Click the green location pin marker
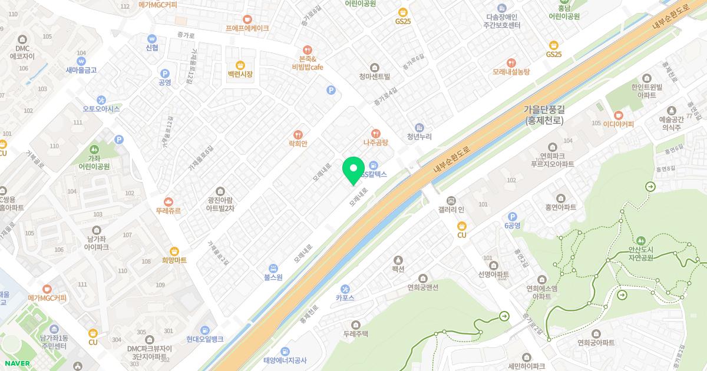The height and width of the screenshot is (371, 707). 353,169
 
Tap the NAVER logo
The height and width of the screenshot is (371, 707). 16,363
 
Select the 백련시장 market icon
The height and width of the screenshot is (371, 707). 240,65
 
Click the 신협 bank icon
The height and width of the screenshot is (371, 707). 152,38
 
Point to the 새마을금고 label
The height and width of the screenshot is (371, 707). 81,70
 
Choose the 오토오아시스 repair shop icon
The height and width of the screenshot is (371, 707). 101,100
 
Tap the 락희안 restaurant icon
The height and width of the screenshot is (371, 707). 299,134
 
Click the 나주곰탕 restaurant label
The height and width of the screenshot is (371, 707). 375,143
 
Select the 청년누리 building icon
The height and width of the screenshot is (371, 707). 419,127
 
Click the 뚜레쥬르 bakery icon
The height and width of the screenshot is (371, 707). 169,201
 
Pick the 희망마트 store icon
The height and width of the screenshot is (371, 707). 174,251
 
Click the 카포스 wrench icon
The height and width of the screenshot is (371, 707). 345,289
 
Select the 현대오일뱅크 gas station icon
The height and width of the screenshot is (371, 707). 204,330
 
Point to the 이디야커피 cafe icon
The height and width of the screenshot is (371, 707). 617,115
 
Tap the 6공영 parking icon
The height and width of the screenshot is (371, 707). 512,216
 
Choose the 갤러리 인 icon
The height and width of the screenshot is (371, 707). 451,201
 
